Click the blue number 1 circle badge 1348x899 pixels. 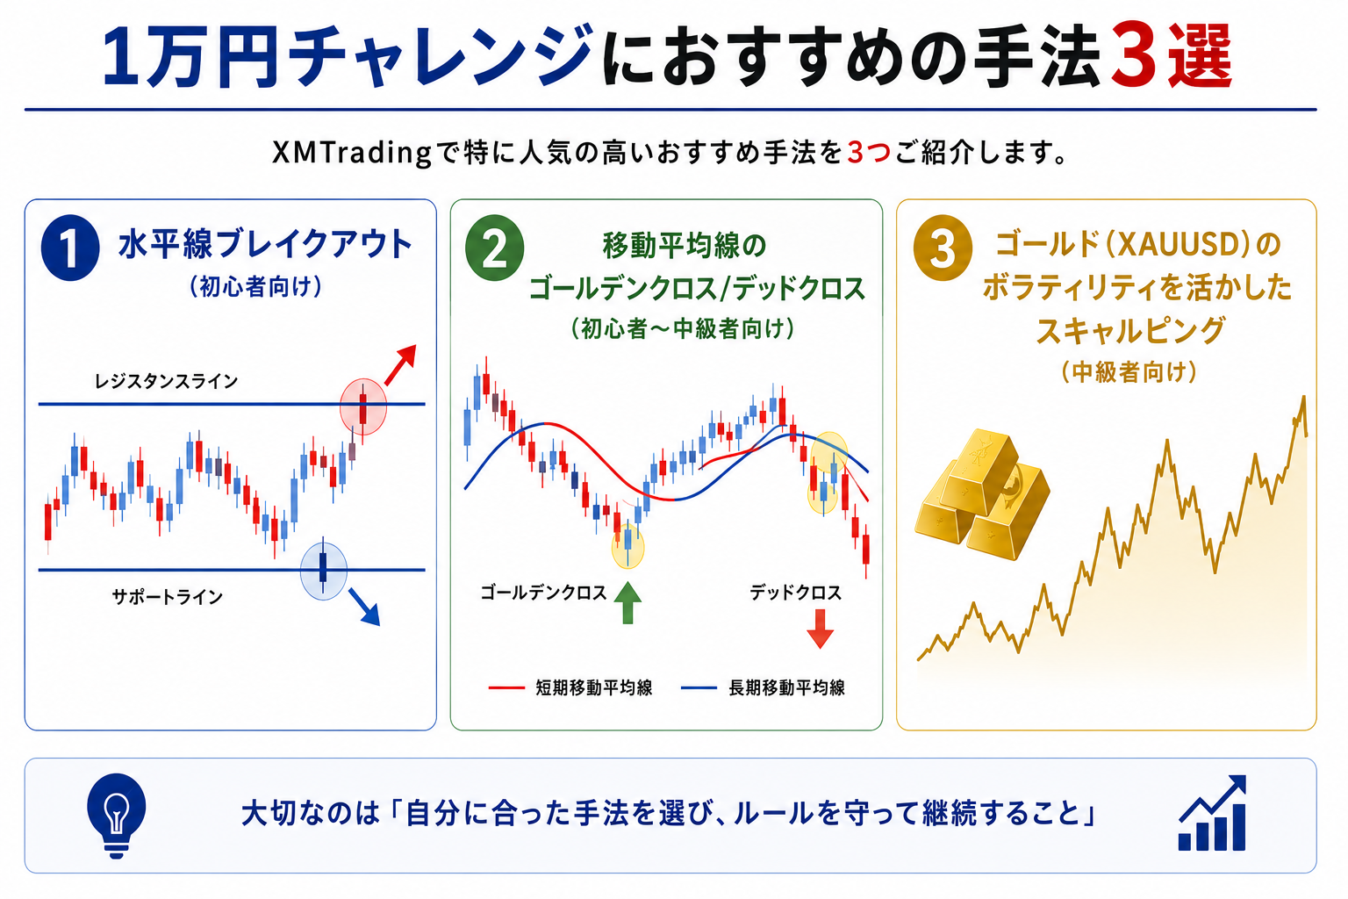(70, 248)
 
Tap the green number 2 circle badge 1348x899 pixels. (495, 248)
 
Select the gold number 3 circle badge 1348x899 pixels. (943, 248)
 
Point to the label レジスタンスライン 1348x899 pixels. (166, 380)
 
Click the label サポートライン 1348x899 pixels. (168, 597)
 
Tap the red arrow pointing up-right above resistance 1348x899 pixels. (400, 364)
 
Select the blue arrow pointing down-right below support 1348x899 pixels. (365, 607)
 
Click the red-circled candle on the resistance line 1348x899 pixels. (362, 407)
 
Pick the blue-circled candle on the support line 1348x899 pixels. (323, 569)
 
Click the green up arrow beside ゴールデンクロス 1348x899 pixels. (627, 603)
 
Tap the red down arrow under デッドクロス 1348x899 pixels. (820, 629)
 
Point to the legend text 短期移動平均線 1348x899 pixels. (594, 687)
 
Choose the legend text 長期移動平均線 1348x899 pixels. (786, 687)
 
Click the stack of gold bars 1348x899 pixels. (982, 494)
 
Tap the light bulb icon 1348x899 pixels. (116, 815)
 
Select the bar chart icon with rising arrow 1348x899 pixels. (1212, 812)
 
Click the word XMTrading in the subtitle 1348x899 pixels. (352, 153)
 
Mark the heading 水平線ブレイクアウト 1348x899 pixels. (265, 244)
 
